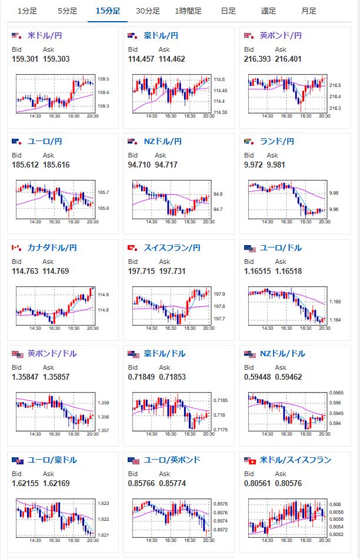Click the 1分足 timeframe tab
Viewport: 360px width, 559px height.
(x=28, y=11)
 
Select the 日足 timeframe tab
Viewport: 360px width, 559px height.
(x=228, y=11)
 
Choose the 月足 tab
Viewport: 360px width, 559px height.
(x=309, y=11)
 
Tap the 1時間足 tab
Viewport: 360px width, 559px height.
(x=188, y=11)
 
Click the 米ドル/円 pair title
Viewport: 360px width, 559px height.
(x=45, y=36)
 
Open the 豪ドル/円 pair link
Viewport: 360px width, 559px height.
(x=161, y=36)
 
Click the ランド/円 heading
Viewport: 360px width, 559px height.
(x=277, y=142)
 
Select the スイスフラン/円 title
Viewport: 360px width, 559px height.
(x=172, y=248)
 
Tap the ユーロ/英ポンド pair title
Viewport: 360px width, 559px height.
(x=172, y=460)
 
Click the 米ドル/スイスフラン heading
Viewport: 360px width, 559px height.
(x=295, y=460)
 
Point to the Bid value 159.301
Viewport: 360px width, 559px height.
(x=25, y=59)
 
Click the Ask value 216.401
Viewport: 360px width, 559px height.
(x=288, y=59)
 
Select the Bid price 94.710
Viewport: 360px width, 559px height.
(x=139, y=165)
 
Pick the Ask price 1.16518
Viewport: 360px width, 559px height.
(x=288, y=272)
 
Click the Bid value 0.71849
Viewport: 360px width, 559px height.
(x=141, y=377)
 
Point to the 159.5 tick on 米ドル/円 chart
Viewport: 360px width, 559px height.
(x=104, y=79)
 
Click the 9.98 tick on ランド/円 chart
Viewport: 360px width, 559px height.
(x=334, y=193)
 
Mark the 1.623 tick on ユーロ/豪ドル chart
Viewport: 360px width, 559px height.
(x=104, y=503)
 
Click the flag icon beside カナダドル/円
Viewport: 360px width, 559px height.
(x=17, y=248)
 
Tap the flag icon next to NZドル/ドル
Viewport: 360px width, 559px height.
(x=250, y=354)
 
